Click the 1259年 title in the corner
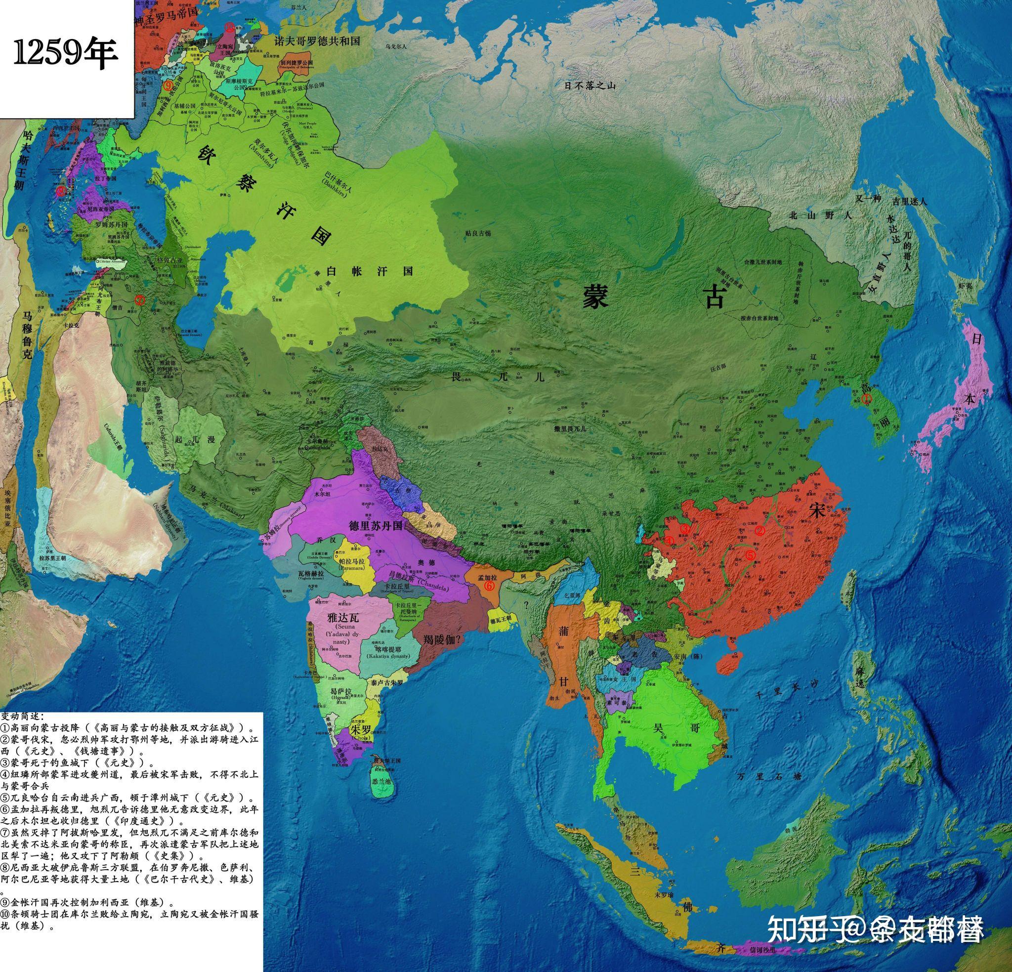(x=66, y=54)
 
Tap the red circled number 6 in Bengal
(x=490, y=586)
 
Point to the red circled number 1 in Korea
(x=867, y=398)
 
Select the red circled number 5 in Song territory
(x=750, y=553)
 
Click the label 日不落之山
(x=590, y=85)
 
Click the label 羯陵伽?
(x=442, y=638)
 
